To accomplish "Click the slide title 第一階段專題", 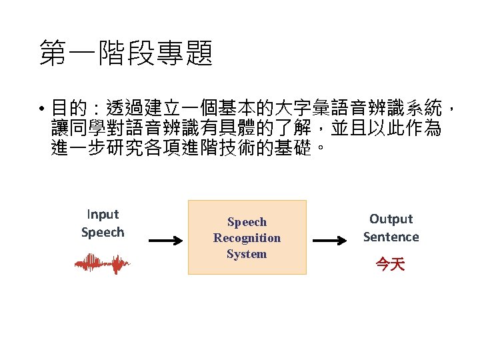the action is tap(126, 53).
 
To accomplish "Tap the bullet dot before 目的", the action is tap(41, 108).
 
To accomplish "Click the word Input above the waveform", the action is tap(103, 215).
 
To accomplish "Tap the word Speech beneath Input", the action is tap(103, 233).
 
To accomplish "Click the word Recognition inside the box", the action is tap(247, 238).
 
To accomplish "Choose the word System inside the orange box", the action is tap(247, 254).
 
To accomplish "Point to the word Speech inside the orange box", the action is tap(247, 222).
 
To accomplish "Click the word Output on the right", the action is tap(391, 219).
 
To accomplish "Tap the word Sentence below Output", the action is tap(391, 237).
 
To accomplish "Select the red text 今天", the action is tap(390, 265).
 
